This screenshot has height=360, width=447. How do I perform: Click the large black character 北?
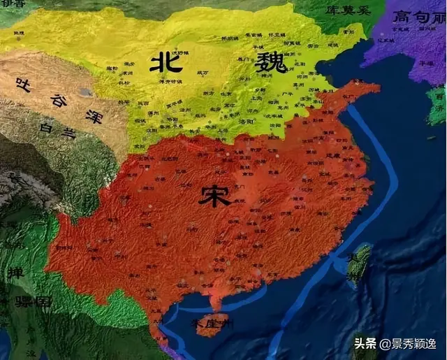pyautogui.click(x=166, y=63)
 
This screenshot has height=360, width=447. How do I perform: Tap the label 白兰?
pyautogui.click(x=57, y=131)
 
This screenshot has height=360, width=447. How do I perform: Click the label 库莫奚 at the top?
pyautogui.click(x=345, y=12)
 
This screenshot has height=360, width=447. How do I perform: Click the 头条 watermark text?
pyautogui.click(x=365, y=343)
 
